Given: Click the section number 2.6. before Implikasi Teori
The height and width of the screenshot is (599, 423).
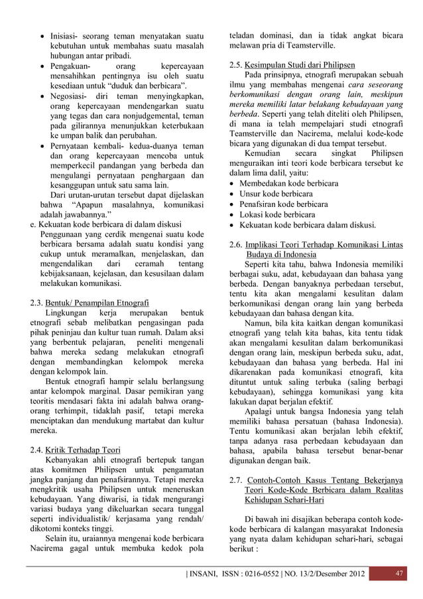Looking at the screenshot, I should point(233,244).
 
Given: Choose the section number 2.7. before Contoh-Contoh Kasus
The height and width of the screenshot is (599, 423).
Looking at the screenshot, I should point(233,480).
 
